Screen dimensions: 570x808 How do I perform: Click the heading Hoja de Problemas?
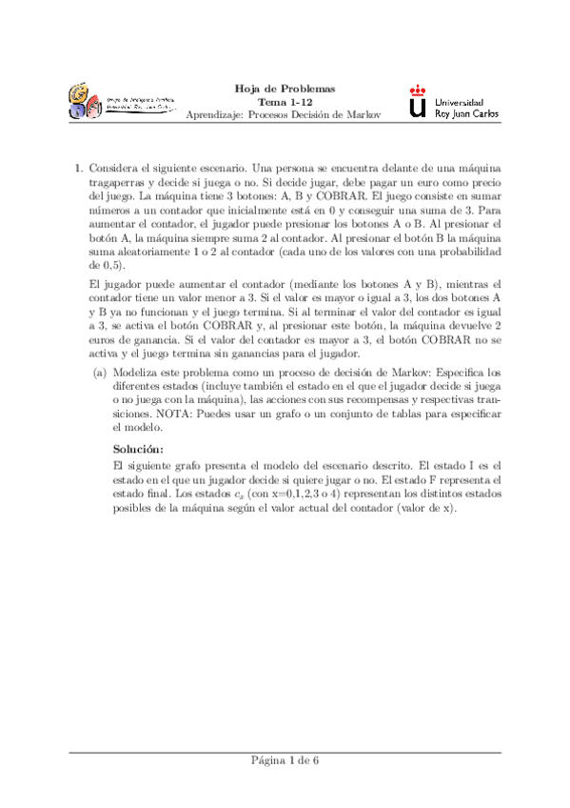pos(285,90)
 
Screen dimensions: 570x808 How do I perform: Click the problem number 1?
pos(78,168)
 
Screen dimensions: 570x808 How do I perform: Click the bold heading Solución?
pos(139,448)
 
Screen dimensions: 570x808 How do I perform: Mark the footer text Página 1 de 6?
pos(285,760)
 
